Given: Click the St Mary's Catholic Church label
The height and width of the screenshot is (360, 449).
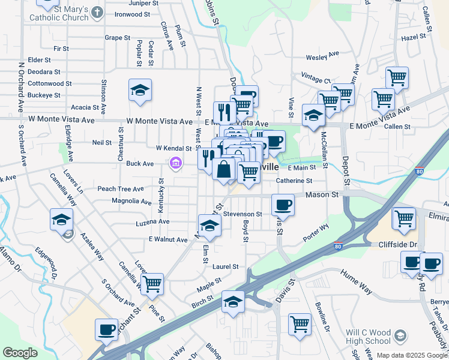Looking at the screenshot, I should coord(62,13).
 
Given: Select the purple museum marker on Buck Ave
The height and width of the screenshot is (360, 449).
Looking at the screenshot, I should coord(176,163).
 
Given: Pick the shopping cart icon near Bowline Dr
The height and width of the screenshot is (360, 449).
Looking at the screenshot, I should coord(300,324).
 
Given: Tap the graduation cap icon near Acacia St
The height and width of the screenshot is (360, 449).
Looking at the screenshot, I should coord(140,91).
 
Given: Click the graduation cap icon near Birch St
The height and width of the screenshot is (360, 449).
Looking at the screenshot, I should coord(233,302).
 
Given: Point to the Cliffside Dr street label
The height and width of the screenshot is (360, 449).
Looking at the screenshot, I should coord(398,245).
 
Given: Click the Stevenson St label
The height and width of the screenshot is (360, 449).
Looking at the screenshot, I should coord(243,214).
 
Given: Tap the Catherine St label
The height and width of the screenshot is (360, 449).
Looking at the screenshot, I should coord(294,180).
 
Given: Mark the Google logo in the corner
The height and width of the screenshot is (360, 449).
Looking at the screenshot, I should coord(20,353).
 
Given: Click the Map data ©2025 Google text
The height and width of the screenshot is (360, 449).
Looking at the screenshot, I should coord(411,355).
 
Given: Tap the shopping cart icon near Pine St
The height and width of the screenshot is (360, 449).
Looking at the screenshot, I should coord(152,283).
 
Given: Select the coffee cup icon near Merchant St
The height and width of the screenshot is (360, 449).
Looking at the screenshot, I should coord(107,329).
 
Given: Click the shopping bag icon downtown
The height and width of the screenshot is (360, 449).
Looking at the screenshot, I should coord(223,169).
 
